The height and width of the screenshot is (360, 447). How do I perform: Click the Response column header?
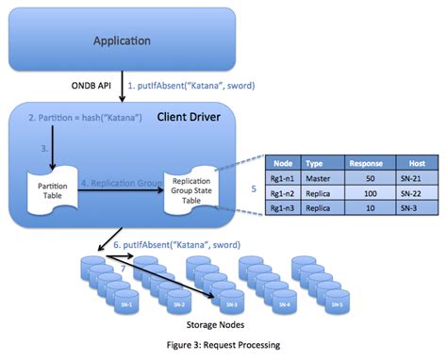pos(367,162)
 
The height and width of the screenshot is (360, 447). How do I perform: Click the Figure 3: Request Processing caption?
pos(223,346)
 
